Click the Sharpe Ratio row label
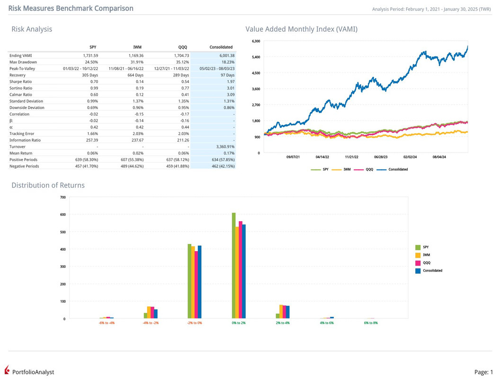pyautogui.click(x=19, y=81)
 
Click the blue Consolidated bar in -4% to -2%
pyautogui.click(x=155, y=314)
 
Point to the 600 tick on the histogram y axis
pyautogui.click(x=63, y=215)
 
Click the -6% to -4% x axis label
pyautogui.click(x=106, y=323)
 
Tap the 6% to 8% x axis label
pyautogui.click(x=370, y=323)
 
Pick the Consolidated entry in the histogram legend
pyautogui.click(x=432, y=271)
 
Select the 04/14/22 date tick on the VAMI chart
pyautogui.click(x=322, y=156)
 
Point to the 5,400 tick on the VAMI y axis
pyautogui.click(x=256, y=57)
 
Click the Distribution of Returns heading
pyautogui.click(x=48, y=185)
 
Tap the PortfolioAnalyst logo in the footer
pyautogui.click(x=29, y=372)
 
